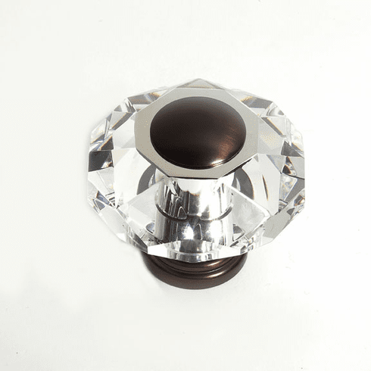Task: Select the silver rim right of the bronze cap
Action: (250, 136)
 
